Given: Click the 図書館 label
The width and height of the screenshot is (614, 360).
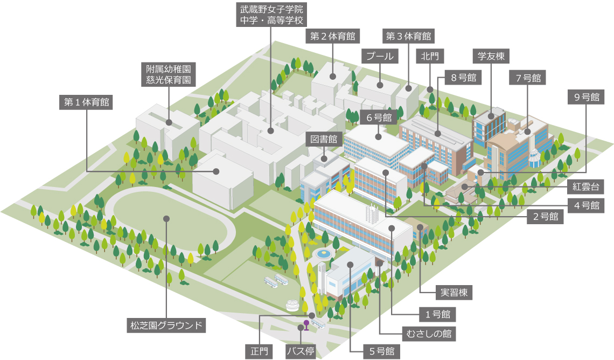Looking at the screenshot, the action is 324,139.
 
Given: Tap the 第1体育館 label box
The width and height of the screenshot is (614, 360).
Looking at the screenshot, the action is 86,102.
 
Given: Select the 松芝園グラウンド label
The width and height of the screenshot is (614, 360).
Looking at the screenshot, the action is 166,325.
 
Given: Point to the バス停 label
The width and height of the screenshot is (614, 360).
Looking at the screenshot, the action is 301,351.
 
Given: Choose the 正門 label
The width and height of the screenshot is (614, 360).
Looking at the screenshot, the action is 259,351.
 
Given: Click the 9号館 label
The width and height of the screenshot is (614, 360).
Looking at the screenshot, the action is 587,97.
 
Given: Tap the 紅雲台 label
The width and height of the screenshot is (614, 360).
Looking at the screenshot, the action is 586,187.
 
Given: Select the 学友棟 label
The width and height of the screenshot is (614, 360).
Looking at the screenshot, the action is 491,56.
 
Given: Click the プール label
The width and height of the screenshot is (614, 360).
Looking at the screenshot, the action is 380,56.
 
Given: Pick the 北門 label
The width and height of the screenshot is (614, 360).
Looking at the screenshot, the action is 430,56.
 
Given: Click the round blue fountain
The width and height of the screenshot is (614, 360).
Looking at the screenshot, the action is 324,253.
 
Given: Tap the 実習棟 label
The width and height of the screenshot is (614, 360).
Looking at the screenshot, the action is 454,292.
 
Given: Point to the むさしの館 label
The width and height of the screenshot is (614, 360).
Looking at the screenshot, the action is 429,334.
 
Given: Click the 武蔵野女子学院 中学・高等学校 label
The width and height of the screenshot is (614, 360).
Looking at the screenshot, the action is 272,15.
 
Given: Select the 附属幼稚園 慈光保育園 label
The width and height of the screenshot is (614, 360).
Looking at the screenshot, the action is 169,74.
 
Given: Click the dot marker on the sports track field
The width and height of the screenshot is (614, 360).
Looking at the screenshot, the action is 166,219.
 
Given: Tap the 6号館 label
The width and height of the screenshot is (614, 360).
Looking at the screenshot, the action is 379,117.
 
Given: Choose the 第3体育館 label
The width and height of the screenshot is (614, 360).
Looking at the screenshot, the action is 408,36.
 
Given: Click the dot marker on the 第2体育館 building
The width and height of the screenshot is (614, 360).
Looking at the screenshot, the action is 333,77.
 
